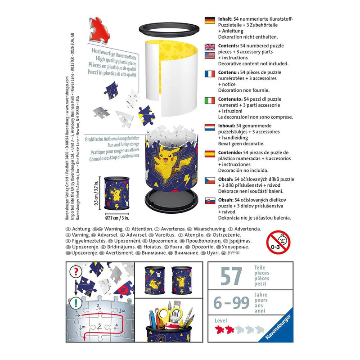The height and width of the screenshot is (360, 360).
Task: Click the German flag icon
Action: (x=210, y=20)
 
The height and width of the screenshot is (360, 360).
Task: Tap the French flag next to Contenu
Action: (x=210, y=74)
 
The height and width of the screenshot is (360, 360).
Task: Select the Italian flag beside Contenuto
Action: (x=210, y=100)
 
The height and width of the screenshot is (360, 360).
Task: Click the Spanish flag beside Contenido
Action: (x=210, y=153)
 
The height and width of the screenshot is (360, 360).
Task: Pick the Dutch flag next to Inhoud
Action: (x=210, y=127)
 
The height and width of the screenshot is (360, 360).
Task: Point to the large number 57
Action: (x=231, y=276)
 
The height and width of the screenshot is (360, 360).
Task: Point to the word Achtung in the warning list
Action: (x=81, y=229)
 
